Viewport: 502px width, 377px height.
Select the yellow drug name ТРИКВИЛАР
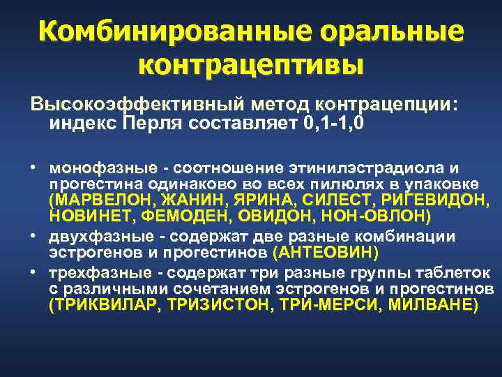(x=96, y=304)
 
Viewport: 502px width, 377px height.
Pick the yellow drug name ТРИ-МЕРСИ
(x=324, y=304)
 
